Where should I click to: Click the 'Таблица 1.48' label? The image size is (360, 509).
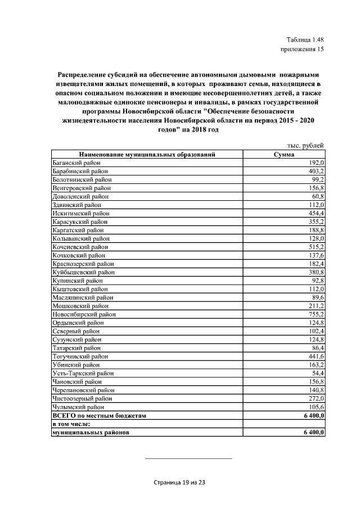[x=305, y=39]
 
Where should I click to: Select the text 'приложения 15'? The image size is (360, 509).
[x=302, y=49]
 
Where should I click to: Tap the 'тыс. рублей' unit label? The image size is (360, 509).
[x=305, y=145]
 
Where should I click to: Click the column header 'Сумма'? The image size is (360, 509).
[x=284, y=154]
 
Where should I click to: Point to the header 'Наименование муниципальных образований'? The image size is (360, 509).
[x=147, y=154]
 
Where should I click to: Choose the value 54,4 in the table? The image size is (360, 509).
[x=317, y=373]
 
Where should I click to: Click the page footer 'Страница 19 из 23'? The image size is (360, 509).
[x=180, y=483]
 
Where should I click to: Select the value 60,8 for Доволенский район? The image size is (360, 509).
[x=317, y=196]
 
